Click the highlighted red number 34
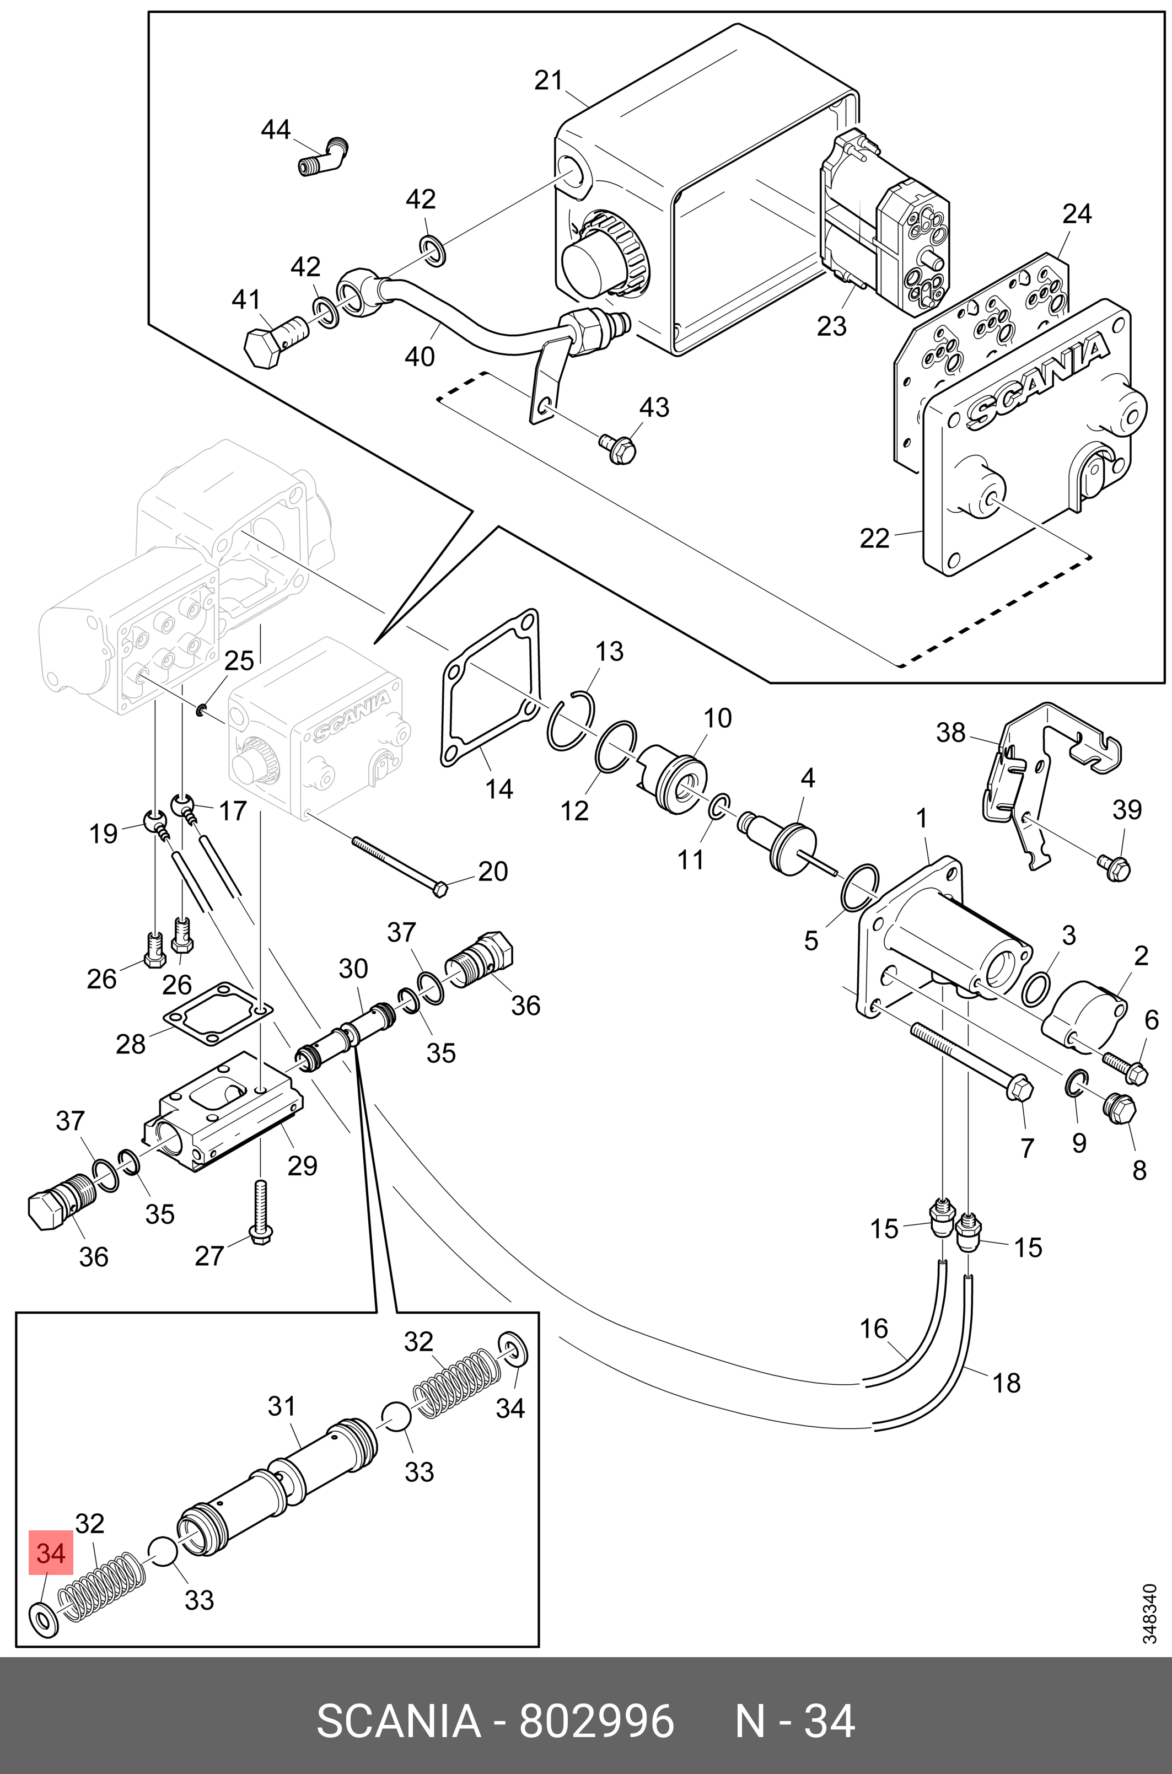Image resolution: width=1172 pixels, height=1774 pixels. tap(50, 1553)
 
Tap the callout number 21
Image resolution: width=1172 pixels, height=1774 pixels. tap(548, 80)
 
